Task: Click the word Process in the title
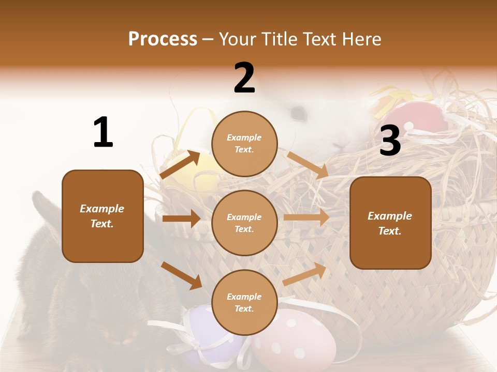(163, 39)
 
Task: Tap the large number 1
(103, 132)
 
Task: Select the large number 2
(244, 78)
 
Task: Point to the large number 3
(390, 141)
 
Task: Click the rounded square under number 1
(103, 216)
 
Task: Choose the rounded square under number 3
(390, 223)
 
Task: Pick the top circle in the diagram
(244, 144)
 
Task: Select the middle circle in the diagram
(244, 223)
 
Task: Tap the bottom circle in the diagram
(244, 302)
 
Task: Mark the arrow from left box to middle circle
(181, 219)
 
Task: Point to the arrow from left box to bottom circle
(181, 275)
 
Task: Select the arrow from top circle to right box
(308, 165)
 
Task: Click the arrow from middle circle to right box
(306, 217)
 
